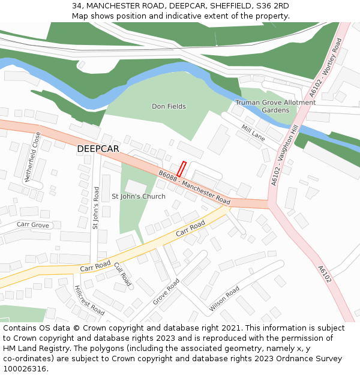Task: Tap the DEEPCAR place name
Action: (98, 148)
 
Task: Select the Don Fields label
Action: (169, 106)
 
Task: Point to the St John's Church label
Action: (139, 196)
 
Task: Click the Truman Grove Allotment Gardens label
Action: (275, 106)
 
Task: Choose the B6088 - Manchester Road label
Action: (194, 187)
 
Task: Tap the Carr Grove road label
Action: (33, 224)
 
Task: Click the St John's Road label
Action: (96, 208)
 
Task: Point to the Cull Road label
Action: (122, 273)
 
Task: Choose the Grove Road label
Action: (166, 291)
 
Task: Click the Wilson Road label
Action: (224, 298)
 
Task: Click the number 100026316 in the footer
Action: (26, 368)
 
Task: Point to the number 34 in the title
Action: (77, 5)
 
